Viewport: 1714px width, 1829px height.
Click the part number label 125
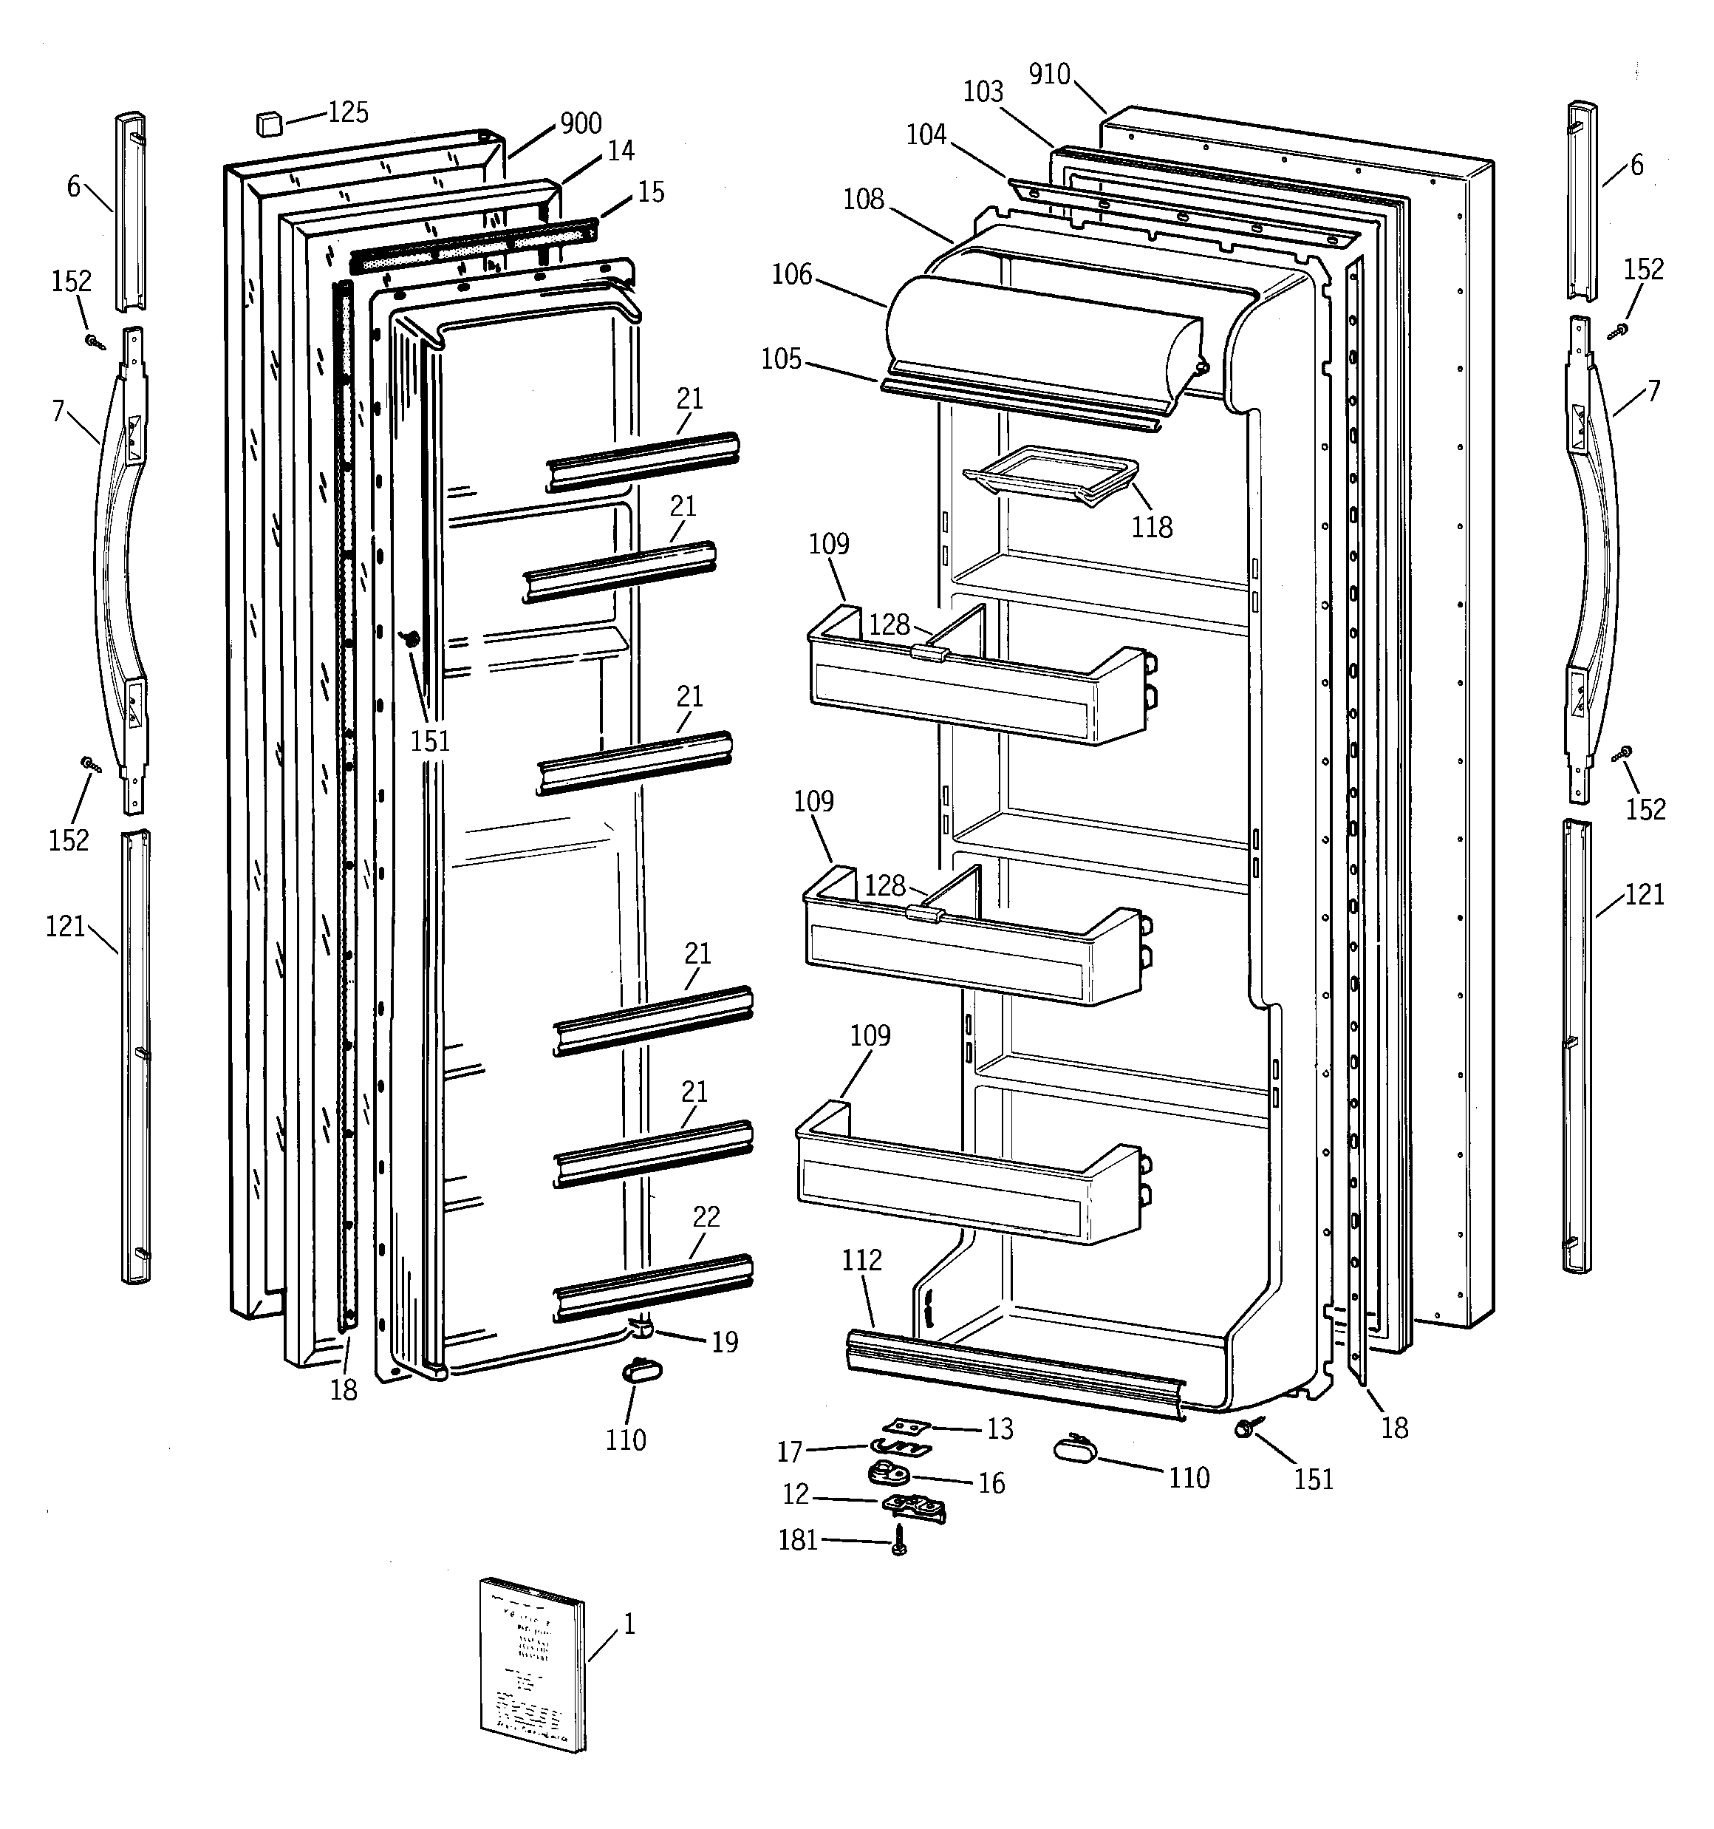point(349,113)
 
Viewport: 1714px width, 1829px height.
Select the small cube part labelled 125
point(269,123)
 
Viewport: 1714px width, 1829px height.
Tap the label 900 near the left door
point(581,123)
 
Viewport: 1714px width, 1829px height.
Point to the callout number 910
point(1049,75)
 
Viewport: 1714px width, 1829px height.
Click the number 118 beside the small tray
point(1152,527)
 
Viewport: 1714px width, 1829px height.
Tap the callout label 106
point(792,274)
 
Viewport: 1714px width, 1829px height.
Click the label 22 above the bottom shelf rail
point(706,1216)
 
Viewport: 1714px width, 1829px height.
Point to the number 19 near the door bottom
point(725,1342)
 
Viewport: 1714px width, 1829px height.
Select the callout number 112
point(861,1259)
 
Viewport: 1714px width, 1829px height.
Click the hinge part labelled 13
point(907,1426)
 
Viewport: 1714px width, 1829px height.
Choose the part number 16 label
point(991,1483)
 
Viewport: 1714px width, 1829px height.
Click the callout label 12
point(796,1495)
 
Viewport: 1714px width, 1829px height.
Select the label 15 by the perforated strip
point(650,192)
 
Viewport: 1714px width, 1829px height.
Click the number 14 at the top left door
point(621,151)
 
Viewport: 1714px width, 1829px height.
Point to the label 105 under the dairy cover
point(781,359)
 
